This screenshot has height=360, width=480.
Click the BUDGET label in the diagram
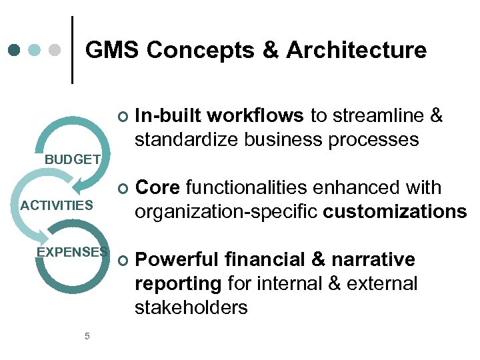73,159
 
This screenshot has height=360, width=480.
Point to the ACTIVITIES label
57,205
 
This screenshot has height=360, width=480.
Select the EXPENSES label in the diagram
72,251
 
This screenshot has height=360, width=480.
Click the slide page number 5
87,336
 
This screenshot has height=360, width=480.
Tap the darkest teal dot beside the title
15,50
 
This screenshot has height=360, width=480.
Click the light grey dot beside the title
56,50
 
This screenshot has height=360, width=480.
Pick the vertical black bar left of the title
72,50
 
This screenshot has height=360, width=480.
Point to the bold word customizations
395,212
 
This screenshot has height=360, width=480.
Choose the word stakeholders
191,307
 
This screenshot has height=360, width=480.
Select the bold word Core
158,188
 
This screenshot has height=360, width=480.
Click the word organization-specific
227,212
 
